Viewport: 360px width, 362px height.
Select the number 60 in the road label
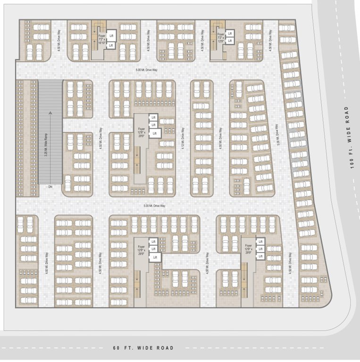click(117, 348)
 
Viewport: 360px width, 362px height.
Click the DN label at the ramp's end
click(50, 187)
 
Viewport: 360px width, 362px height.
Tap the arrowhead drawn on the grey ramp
click(50, 113)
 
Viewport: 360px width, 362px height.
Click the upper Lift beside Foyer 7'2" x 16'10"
click(111, 36)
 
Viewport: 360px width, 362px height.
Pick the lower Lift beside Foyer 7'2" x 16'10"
click(111, 45)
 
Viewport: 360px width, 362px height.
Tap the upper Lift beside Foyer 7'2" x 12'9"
click(230, 33)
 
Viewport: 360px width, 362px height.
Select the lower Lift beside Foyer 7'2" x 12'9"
click(230, 41)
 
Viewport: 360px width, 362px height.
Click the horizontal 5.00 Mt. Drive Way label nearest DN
click(155, 206)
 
